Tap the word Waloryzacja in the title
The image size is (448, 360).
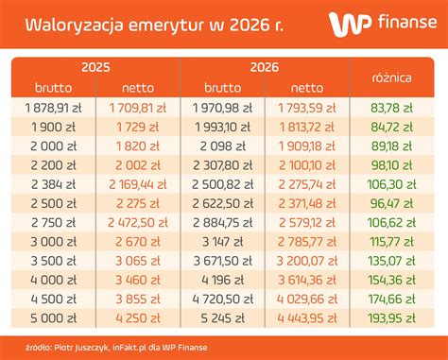click(x=70, y=24)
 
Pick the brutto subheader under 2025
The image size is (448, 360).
click(x=54, y=88)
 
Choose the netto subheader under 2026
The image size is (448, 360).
click(x=306, y=88)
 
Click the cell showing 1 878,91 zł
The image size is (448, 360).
click(x=54, y=109)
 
